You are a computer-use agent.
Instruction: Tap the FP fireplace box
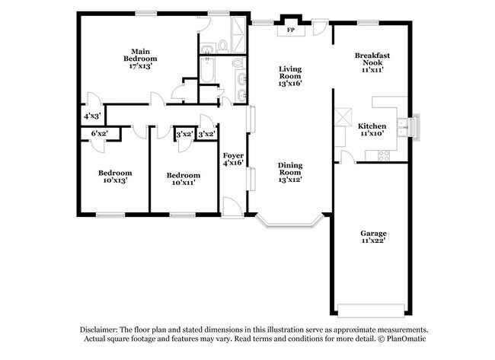pyautogui.click(x=290, y=31)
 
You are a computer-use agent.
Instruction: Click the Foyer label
pyautogui.click(x=233, y=155)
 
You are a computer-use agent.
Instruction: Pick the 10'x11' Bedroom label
pyautogui.click(x=184, y=178)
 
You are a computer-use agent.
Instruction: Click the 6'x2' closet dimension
pyautogui.click(x=99, y=134)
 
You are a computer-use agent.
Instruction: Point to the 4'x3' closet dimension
pyautogui.click(x=92, y=116)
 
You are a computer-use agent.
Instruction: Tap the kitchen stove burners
pyautogui.click(x=384, y=155)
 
